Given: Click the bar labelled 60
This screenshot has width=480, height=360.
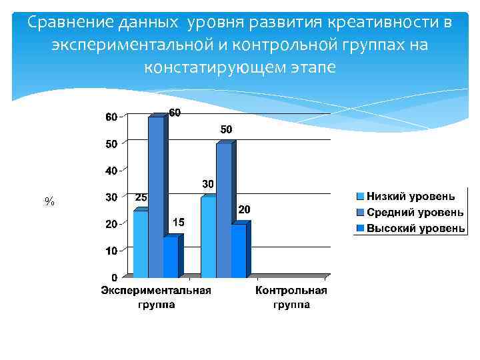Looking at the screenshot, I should click(x=156, y=197).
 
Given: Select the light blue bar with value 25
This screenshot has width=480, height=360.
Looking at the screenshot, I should click(x=141, y=243).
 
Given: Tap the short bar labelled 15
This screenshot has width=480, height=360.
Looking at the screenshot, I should click(x=171, y=257).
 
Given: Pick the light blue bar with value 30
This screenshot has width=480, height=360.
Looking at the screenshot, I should click(x=208, y=237).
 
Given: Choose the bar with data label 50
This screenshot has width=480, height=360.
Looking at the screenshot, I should click(x=223, y=210).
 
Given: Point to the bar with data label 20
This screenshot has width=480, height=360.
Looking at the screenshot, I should click(x=239, y=250).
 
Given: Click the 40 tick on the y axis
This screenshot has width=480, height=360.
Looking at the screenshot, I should click(x=111, y=171).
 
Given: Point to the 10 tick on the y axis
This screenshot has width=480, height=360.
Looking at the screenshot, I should click(x=111, y=251).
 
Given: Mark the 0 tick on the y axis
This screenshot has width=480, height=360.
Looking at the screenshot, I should click(x=114, y=277).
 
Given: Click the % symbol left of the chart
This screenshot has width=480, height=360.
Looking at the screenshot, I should click(x=49, y=201).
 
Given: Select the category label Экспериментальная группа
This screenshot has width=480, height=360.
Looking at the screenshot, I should click(x=156, y=297).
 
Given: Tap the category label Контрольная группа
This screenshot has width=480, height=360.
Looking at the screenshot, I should click(x=291, y=297).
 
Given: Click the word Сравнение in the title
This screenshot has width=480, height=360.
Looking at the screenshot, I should click(x=69, y=23).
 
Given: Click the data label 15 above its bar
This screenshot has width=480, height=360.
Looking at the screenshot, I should click(x=179, y=221).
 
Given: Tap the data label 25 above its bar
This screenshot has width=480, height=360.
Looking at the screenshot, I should click(x=141, y=197).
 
